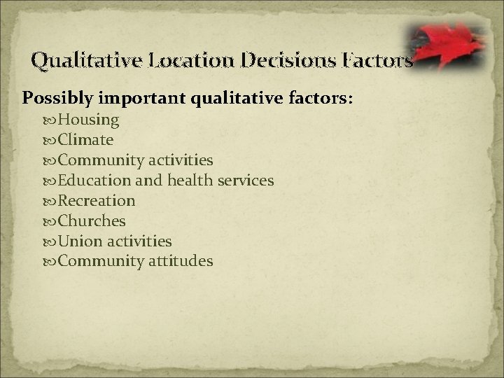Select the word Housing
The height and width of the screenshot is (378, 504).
click(88, 120)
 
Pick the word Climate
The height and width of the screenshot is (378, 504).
click(85, 140)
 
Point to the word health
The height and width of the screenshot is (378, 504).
click(189, 181)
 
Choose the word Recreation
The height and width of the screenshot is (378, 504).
click(97, 201)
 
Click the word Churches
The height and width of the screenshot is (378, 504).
click(92, 221)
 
